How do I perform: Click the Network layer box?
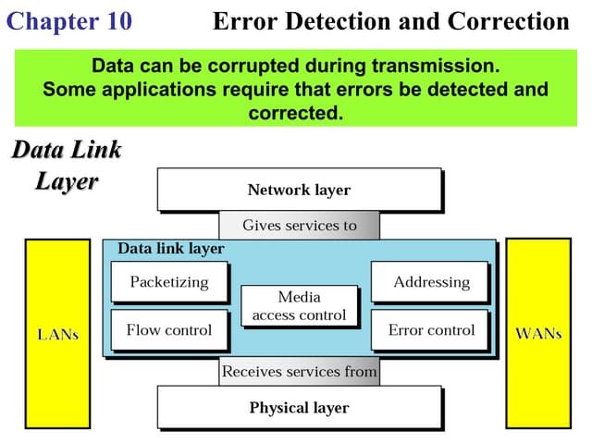299,190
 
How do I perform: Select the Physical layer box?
299,407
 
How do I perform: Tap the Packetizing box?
169,282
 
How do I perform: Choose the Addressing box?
431,282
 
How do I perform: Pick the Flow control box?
169,329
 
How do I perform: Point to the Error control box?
431,329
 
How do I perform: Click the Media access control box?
299,306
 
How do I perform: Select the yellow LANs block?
57,334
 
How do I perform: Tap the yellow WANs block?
538,334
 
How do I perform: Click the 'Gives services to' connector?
299,225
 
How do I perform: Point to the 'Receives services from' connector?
299,372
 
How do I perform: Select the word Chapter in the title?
52,21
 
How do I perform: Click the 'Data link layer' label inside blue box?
170,249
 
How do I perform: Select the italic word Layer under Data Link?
67,180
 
